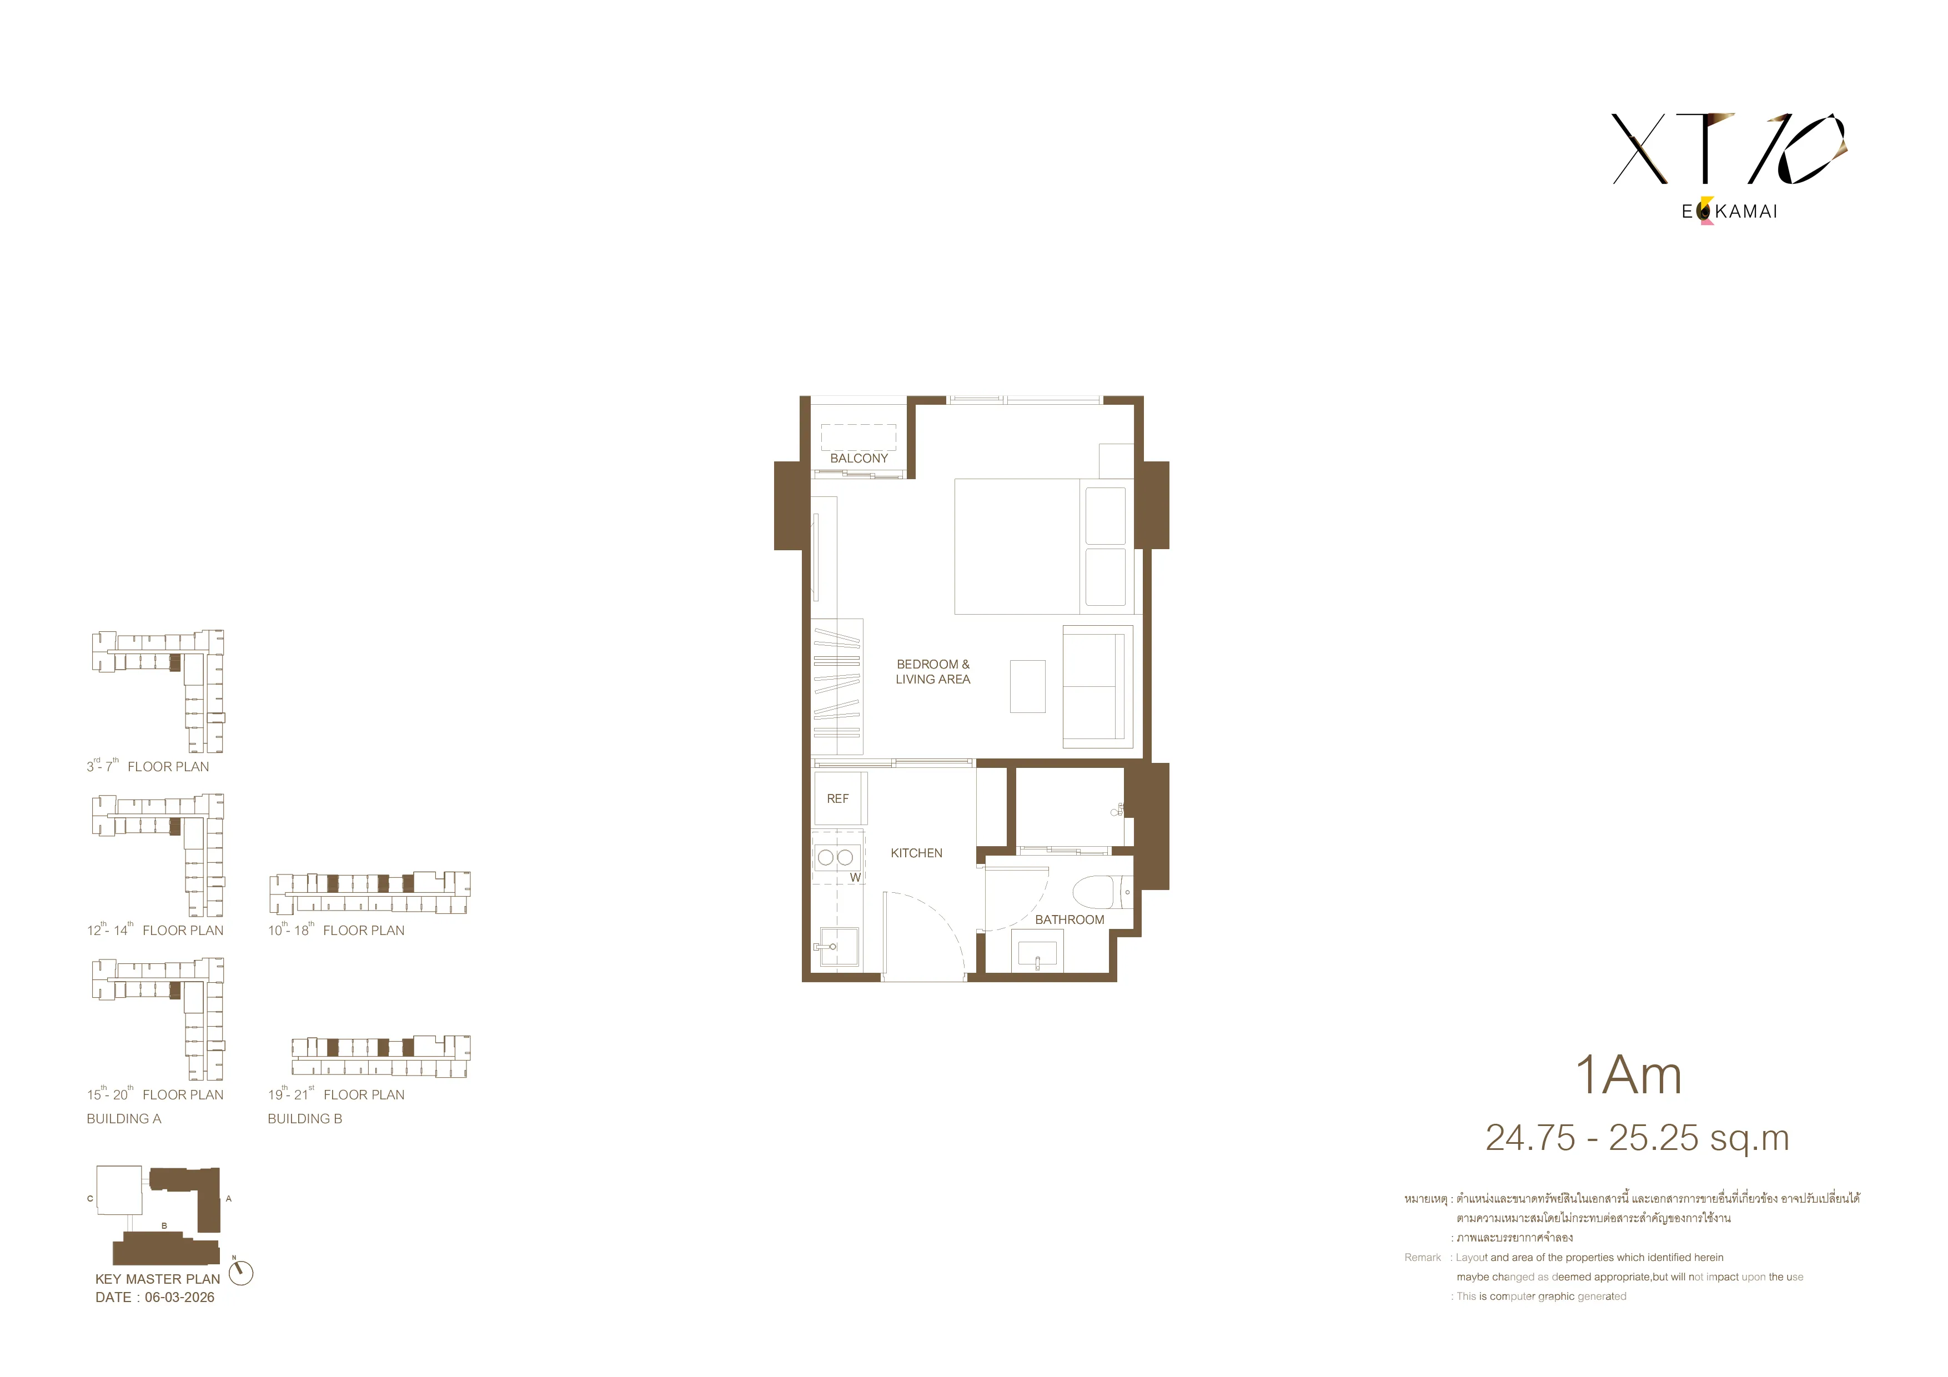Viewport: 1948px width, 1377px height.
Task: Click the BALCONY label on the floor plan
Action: tap(858, 458)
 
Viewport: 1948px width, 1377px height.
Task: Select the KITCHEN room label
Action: tap(916, 853)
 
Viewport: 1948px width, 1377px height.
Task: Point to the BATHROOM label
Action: tap(1069, 919)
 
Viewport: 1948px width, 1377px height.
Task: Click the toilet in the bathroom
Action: tap(1102, 892)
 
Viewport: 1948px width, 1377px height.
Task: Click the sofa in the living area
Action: tap(1098, 686)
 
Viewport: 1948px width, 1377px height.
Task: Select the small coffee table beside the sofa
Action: tap(1027, 686)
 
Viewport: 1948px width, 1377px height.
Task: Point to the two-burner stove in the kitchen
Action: tap(836, 858)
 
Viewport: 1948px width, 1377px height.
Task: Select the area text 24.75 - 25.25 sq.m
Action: tap(1638, 1138)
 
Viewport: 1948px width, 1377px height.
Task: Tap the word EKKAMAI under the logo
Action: tap(1730, 211)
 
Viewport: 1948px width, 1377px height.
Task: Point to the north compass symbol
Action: tap(241, 1273)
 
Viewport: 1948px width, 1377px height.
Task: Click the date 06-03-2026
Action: tap(180, 1297)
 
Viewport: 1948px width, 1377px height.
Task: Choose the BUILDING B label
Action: tap(305, 1119)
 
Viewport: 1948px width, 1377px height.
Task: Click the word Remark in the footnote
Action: tap(1423, 1258)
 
